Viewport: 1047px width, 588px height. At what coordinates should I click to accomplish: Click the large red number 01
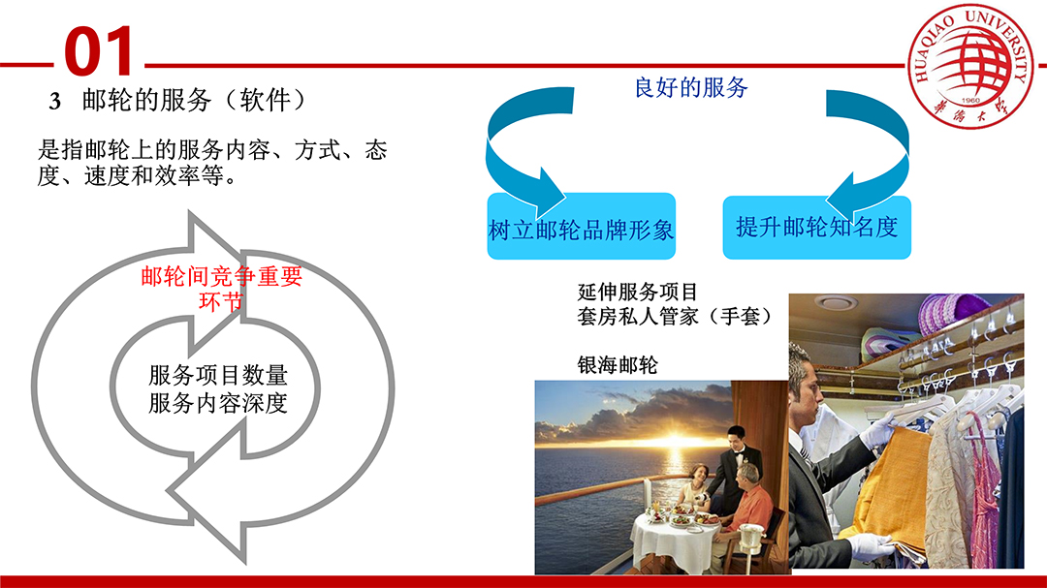pyautogui.click(x=99, y=51)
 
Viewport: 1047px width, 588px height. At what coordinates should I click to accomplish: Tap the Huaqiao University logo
pyautogui.click(x=970, y=66)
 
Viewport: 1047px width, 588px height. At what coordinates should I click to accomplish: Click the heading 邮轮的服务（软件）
pyautogui.click(x=194, y=100)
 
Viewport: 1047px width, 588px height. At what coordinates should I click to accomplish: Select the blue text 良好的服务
pyautogui.click(x=691, y=87)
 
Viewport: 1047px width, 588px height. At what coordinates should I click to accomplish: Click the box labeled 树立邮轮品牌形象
pyautogui.click(x=581, y=227)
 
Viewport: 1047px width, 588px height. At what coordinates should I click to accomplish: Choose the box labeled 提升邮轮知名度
pyautogui.click(x=816, y=227)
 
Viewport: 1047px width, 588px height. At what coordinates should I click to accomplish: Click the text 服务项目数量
pyautogui.click(x=218, y=375)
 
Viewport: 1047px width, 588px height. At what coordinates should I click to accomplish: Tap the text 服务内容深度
pyautogui.click(x=218, y=403)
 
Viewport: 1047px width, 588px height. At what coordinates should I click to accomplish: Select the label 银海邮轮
pyautogui.click(x=618, y=365)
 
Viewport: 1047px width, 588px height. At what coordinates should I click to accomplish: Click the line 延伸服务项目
pyautogui.click(x=638, y=292)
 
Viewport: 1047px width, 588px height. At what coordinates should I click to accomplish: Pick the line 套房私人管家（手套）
pyautogui.click(x=675, y=316)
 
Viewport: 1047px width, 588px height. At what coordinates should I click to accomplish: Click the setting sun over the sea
pyautogui.click(x=675, y=440)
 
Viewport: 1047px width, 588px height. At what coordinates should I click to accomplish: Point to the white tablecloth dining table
pyautogui.click(x=676, y=541)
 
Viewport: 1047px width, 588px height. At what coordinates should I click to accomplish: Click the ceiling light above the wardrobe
pyautogui.click(x=836, y=302)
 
